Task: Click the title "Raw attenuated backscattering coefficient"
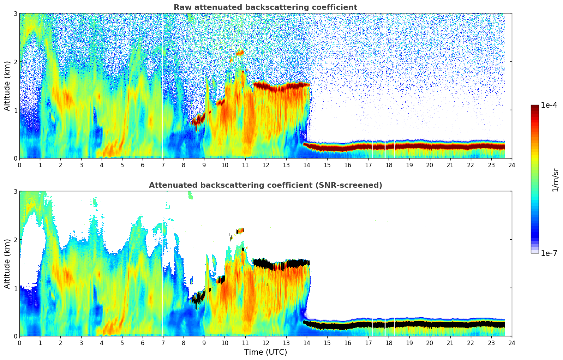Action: tap(265, 7)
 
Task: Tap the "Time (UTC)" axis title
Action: tap(265, 352)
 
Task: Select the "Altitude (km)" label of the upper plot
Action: tap(7, 86)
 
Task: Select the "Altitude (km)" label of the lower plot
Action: tap(7, 264)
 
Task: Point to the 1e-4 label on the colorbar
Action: tap(549, 105)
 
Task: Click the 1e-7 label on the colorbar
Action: tap(549, 253)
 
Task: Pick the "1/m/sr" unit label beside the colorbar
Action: tap(555, 179)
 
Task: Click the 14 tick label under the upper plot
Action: tap(306, 165)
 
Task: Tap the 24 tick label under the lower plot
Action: tap(511, 343)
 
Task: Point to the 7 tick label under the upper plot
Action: tap(163, 165)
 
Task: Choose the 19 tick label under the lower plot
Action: tap(409, 343)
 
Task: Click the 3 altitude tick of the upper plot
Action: tap(15, 14)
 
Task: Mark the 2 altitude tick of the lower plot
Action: tap(15, 240)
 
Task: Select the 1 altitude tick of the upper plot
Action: tap(15, 110)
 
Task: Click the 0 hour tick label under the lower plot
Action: tap(19, 343)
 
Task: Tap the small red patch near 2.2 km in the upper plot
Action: tap(240, 53)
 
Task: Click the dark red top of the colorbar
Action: tap(535, 107)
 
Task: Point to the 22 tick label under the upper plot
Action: tap(471, 165)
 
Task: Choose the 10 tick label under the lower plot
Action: tap(224, 343)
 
